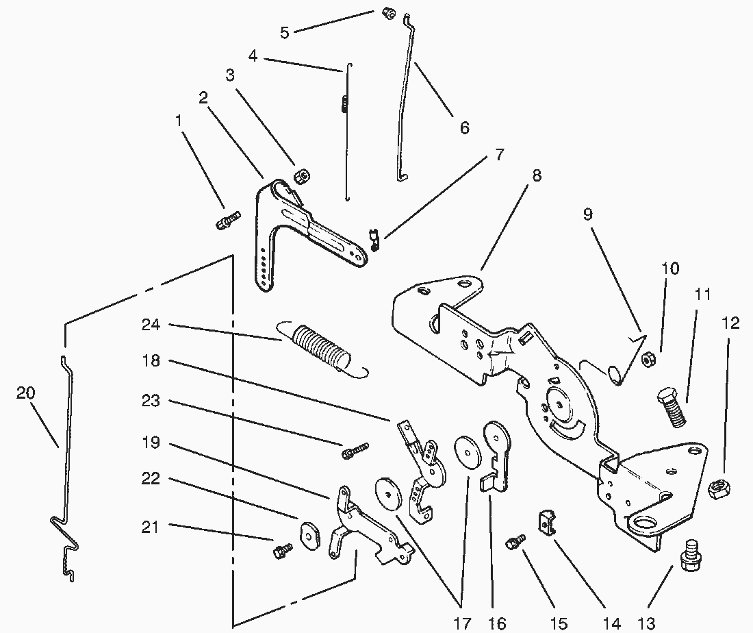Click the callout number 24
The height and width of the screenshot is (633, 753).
(x=151, y=325)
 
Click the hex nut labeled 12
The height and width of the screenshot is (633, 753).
(x=719, y=488)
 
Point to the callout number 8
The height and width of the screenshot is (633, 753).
(x=537, y=175)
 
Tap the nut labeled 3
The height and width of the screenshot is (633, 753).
(x=299, y=177)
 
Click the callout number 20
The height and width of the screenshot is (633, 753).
(x=25, y=393)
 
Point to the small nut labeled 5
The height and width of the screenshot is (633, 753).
(x=387, y=14)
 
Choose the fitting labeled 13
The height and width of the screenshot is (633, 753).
(x=688, y=552)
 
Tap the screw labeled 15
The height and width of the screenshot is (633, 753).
(x=515, y=542)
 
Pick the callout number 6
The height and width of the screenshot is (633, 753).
(x=465, y=128)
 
